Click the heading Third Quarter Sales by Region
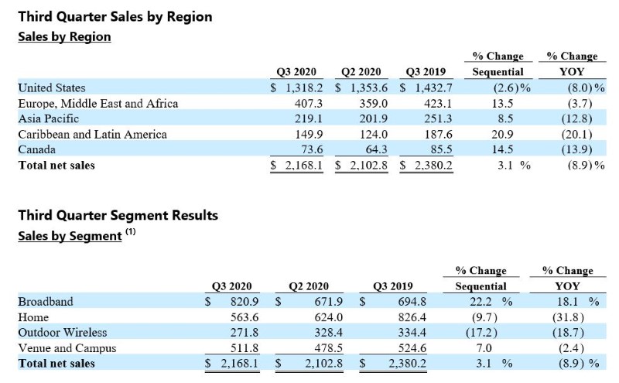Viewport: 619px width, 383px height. coord(115,17)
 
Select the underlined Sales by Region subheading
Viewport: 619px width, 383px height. coord(64,36)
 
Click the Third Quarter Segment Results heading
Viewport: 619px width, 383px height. coord(118,215)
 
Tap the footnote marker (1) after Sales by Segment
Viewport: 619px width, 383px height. coord(131,231)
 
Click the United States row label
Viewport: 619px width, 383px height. coord(52,87)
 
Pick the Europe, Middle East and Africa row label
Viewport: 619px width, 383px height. coord(98,104)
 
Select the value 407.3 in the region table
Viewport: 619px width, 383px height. coord(308,104)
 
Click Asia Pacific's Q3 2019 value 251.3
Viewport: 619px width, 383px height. coord(438,119)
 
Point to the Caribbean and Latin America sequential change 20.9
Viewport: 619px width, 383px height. coord(502,135)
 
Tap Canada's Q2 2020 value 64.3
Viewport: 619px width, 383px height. coord(377,149)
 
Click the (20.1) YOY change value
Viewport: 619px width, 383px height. coord(576,135)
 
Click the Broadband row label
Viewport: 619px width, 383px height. coord(46,302)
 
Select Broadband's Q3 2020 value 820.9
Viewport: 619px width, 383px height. coord(245,302)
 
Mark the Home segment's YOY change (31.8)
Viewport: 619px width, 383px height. coord(568,317)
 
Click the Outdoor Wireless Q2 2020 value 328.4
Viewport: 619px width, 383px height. coord(328,333)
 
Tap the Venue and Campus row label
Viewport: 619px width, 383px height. coord(67,348)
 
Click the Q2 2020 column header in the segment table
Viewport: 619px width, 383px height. coord(309,286)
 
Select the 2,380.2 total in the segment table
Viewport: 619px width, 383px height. coord(408,363)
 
